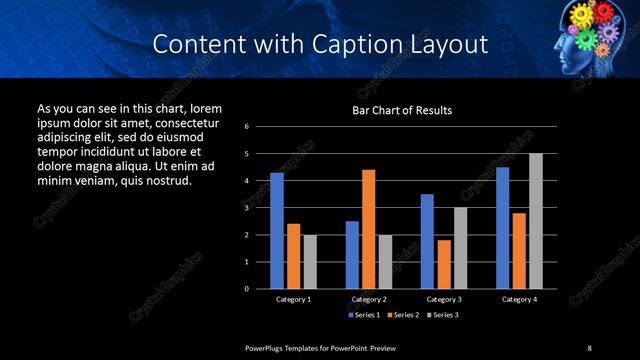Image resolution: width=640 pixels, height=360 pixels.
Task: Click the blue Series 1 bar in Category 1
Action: (277, 231)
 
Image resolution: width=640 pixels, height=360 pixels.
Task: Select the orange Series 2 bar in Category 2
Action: (369, 229)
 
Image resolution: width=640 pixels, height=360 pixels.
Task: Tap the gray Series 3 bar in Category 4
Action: (536, 221)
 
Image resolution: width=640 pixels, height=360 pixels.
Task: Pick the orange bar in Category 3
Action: (444, 264)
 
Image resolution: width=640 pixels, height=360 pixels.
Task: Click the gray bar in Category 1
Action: (310, 262)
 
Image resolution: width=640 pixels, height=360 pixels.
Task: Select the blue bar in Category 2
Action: (352, 255)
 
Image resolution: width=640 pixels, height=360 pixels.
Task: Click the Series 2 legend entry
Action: (402, 314)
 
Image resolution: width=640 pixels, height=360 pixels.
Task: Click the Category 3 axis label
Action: (443, 299)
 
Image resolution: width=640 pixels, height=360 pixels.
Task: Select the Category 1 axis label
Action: (293, 299)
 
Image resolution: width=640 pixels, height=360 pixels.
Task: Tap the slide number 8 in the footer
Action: (589, 347)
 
